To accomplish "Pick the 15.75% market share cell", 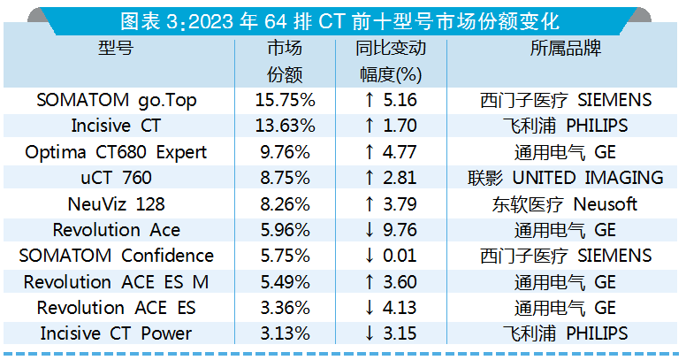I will [285, 100].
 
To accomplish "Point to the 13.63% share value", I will [285, 126].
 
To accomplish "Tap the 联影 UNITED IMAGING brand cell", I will [565, 178].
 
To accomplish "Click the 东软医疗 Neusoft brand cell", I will [565, 204].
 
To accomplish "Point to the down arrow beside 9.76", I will [369, 230].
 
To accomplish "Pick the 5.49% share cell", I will [285, 282].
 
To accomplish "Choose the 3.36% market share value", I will [285, 308].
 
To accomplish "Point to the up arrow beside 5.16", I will [369, 100].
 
